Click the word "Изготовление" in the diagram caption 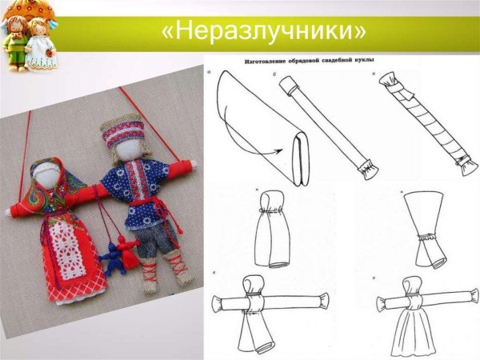pyautogui.click(x=258, y=60)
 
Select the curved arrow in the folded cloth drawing pyautogui.click(x=273, y=148)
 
